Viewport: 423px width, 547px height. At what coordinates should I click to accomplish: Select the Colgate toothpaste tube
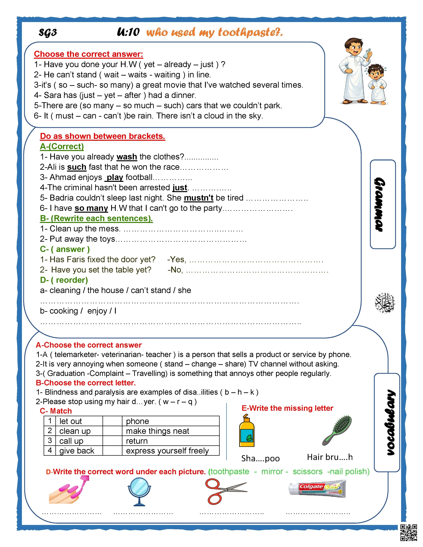tap(317, 489)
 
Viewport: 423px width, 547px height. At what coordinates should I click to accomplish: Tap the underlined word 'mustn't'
tap(198, 198)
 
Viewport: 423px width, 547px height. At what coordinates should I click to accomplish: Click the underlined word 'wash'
tap(127, 157)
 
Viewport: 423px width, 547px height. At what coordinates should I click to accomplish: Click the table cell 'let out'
tap(71, 421)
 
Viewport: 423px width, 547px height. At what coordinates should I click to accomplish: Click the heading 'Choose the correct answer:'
tap(88, 54)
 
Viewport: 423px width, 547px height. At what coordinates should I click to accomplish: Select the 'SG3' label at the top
tap(48, 32)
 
